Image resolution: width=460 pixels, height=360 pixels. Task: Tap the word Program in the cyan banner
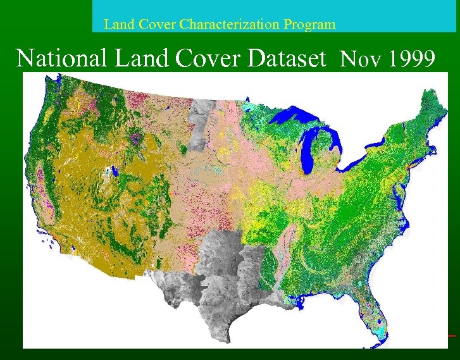(306, 25)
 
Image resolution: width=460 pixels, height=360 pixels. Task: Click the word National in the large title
(61, 58)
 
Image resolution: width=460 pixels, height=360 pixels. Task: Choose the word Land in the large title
(136, 58)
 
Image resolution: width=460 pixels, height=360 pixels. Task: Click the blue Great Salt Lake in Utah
(114, 171)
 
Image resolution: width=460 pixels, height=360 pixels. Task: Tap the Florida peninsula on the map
(374, 310)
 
